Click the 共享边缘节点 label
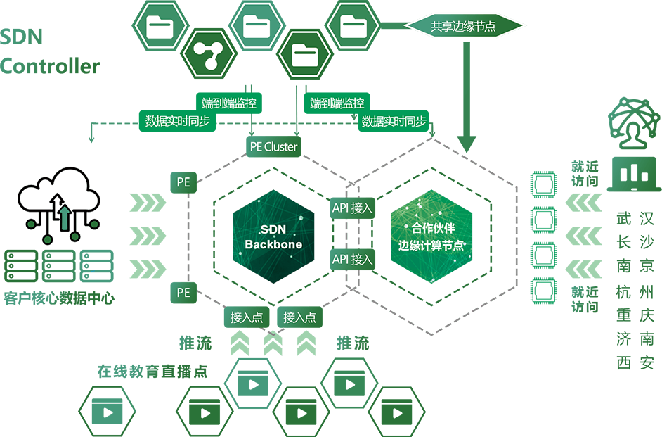(x=463, y=26)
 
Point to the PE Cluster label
(x=273, y=147)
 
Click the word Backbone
(x=273, y=245)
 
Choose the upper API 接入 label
(x=352, y=208)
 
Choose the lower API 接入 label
(x=352, y=259)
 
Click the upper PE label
(x=183, y=182)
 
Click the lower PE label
(x=183, y=291)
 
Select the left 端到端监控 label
(x=228, y=103)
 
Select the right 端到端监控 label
(x=337, y=103)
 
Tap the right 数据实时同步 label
(x=394, y=121)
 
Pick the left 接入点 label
(x=247, y=317)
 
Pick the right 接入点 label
(x=300, y=317)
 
